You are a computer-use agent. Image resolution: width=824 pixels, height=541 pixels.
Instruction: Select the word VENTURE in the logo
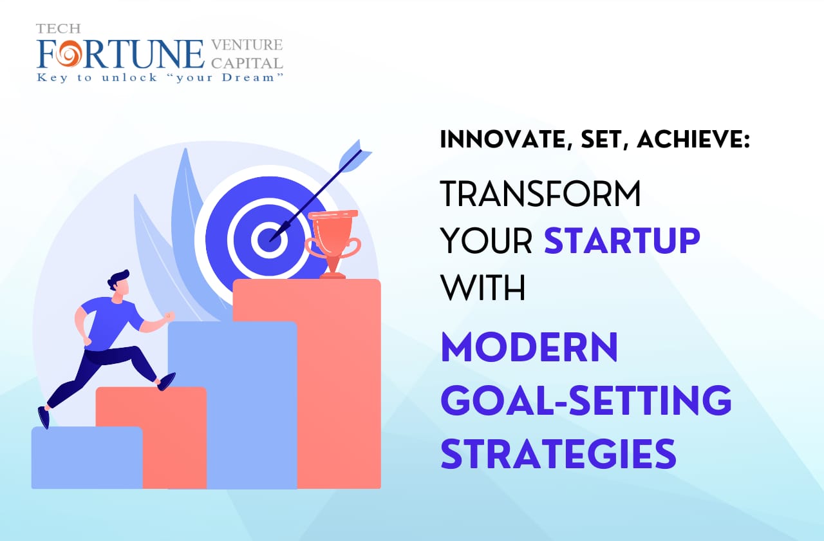pos(247,45)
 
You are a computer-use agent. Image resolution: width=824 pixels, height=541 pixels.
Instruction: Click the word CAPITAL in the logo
pos(247,62)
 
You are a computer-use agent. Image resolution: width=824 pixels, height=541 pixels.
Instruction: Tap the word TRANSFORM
pos(540,194)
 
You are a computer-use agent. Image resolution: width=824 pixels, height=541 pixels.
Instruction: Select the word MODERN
pos(529,348)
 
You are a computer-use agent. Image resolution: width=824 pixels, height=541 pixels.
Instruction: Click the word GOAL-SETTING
pos(586,401)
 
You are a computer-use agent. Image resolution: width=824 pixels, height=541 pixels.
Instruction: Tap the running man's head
pos(120,283)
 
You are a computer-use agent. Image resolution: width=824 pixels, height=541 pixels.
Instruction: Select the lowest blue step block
pos(86,457)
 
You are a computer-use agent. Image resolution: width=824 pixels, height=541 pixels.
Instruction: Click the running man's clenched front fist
pos(169,316)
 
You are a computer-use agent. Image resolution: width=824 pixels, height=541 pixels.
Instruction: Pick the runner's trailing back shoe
pos(44,417)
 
